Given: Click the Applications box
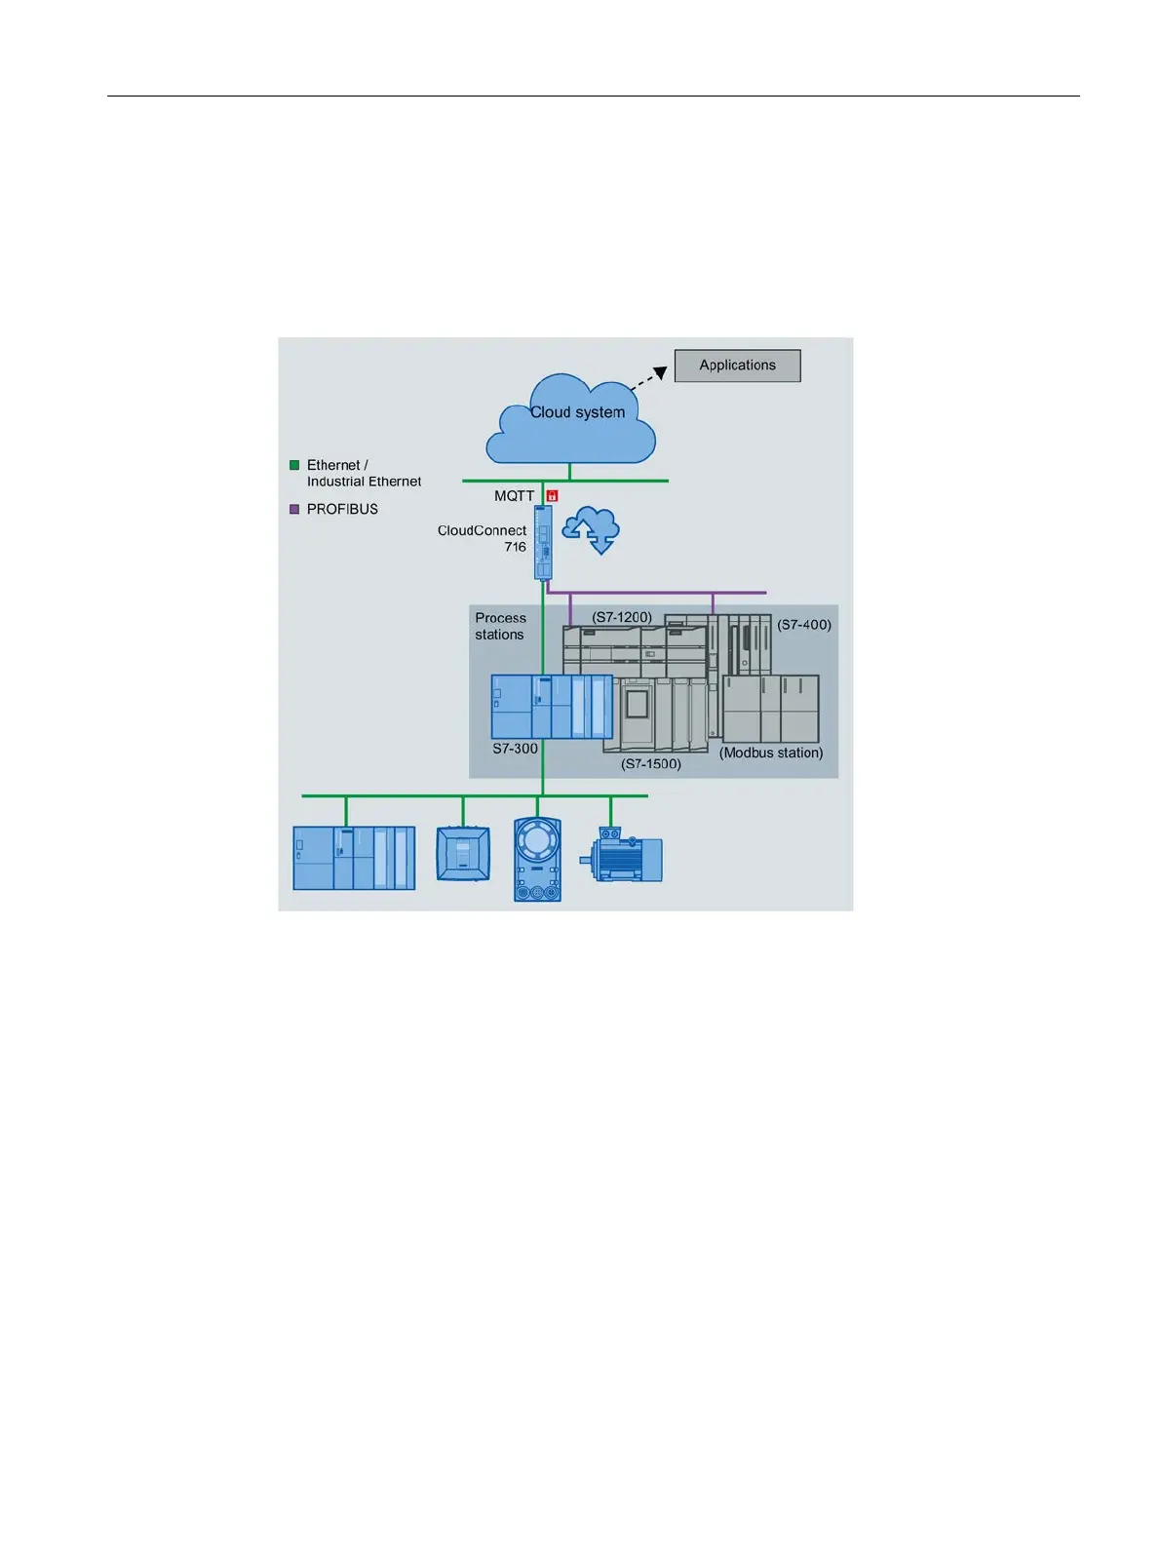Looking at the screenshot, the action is (x=737, y=366).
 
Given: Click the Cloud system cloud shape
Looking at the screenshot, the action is (x=571, y=424).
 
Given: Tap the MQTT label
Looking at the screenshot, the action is (x=514, y=496).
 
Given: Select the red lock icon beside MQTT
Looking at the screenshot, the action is (x=552, y=496).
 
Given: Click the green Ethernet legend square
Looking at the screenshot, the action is (x=294, y=465).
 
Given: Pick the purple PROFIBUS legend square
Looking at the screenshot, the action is (x=294, y=509).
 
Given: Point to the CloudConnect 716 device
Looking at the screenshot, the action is (x=543, y=542).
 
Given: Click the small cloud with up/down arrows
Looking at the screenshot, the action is (x=592, y=530).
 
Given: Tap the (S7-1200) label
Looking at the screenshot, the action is (x=622, y=617).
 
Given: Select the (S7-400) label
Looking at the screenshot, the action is (x=803, y=625).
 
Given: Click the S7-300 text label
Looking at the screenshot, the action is (x=515, y=749).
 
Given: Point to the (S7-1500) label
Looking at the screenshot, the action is (x=651, y=763).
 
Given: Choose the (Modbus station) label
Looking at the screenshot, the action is (x=771, y=753).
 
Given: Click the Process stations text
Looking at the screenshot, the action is (x=500, y=626).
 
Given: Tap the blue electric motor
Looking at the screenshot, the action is (x=623, y=857).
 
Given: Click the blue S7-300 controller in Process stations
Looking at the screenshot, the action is (x=551, y=707).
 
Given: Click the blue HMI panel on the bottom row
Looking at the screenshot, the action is (x=462, y=854).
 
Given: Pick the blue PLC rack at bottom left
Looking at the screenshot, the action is (x=354, y=858).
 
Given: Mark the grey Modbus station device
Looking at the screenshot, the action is (x=770, y=709).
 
